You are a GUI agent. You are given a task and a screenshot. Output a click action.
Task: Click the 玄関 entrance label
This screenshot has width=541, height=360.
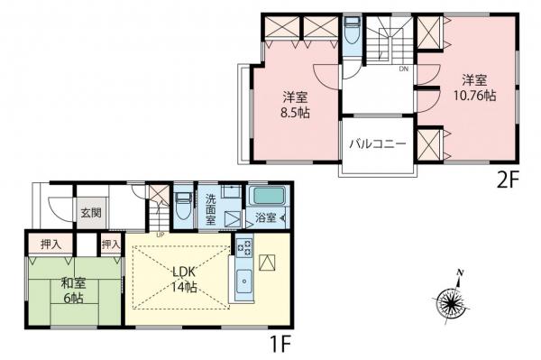[x=91, y=213]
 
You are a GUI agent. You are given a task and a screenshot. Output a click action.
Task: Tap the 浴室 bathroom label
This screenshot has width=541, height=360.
[x=266, y=217]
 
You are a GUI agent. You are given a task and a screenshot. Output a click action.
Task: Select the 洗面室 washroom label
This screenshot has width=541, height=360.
[x=210, y=209]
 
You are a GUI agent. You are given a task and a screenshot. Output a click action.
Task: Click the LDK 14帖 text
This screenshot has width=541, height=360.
[x=184, y=280]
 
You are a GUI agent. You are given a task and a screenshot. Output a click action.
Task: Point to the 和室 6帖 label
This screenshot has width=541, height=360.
[x=73, y=291]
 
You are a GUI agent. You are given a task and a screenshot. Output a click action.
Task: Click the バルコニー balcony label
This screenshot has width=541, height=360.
[x=378, y=143]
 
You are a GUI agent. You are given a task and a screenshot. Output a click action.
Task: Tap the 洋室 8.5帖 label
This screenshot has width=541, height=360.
[x=295, y=106]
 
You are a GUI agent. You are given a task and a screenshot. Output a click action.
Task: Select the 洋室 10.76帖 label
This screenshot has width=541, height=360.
[x=475, y=88]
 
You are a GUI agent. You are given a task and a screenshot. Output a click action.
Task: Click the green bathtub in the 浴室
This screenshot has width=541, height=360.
[x=269, y=196]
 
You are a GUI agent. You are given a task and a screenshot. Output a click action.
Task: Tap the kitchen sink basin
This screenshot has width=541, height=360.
[x=244, y=281]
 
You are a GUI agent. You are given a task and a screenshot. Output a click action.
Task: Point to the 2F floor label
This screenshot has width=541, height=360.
[x=508, y=180]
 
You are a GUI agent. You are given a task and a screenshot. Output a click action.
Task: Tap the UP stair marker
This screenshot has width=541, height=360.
[x=160, y=235]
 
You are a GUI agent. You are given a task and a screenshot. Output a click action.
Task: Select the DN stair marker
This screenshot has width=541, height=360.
[x=404, y=69]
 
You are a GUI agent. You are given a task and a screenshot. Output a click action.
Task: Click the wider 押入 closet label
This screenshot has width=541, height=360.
[x=50, y=245]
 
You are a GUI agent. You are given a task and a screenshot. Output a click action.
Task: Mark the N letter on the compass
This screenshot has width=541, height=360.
[x=460, y=273]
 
